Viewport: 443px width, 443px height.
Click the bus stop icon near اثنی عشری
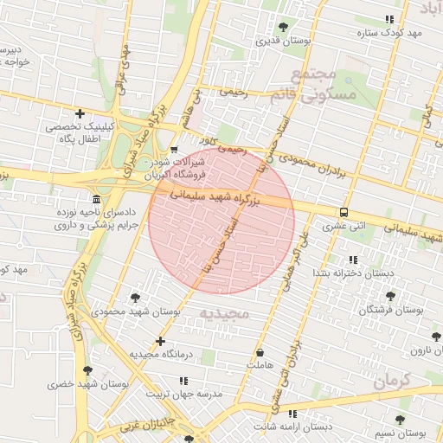tap(344, 212)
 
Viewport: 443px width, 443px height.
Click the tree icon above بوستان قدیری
tap(285, 26)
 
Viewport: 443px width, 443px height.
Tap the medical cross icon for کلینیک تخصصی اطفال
tap(80, 113)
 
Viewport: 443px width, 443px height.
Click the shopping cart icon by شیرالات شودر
tap(174, 150)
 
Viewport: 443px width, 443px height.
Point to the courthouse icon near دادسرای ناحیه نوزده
tap(95, 198)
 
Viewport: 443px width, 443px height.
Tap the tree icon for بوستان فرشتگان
tap(386, 294)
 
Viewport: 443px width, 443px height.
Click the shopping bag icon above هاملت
tap(260, 352)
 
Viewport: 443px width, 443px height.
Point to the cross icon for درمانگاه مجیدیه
tap(160, 341)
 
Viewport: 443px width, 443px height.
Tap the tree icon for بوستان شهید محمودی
tap(136, 298)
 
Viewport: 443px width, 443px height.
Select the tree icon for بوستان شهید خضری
tap(87, 370)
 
